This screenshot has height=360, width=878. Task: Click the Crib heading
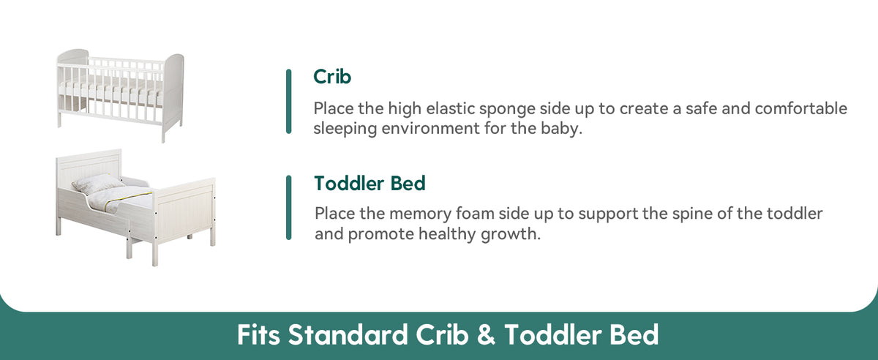pyautogui.click(x=332, y=77)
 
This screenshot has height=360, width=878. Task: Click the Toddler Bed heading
pyautogui.click(x=369, y=183)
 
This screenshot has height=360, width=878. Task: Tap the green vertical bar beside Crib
pyautogui.click(x=289, y=102)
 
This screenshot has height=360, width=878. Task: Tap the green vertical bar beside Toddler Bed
pyautogui.click(x=289, y=208)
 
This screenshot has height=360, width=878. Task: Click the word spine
pyautogui.click(x=692, y=214)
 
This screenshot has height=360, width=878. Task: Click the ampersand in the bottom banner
pyautogui.click(x=486, y=334)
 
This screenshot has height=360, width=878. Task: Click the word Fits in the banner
pyautogui.click(x=258, y=334)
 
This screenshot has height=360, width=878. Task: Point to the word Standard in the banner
pyautogui.click(x=348, y=334)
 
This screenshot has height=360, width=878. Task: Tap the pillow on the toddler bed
pyautogui.click(x=97, y=184)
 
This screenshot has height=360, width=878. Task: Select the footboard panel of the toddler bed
pyautogui.click(x=185, y=211)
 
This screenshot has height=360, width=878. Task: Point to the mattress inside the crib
pyautogui.click(x=112, y=89)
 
